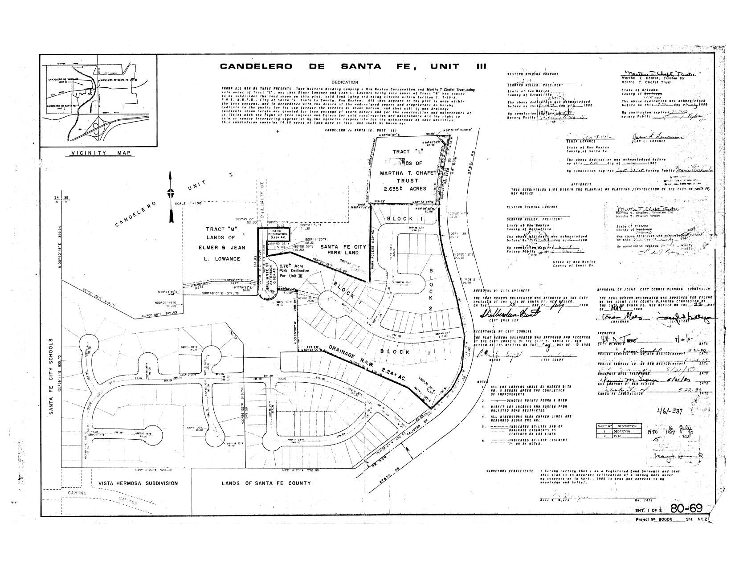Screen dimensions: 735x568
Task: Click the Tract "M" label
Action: (x=220, y=229)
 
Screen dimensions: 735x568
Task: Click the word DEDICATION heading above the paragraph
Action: (x=345, y=82)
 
